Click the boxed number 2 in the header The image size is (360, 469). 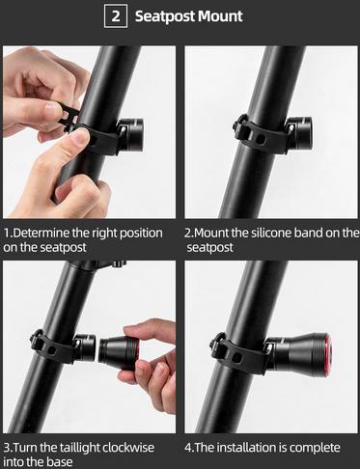(x=116, y=16)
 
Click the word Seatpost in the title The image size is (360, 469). (x=164, y=16)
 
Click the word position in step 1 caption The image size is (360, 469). (x=141, y=234)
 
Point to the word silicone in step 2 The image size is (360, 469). (x=270, y=233)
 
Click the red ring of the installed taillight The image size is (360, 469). (x=328, y=355)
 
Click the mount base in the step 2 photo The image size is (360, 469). (x=299, y=134)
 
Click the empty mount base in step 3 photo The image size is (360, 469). (x=85, y=347)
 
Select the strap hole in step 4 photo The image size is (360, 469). (x=237, y=357)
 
